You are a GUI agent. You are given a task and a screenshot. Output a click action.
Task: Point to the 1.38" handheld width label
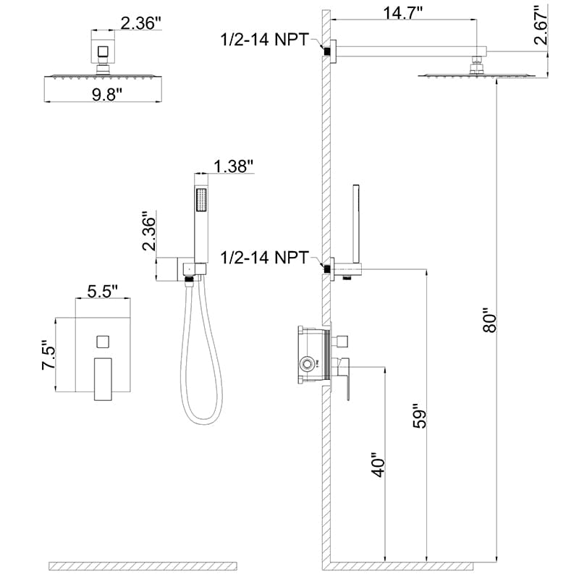(x=234, y=166)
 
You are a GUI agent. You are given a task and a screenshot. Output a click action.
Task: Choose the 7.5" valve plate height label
(x=48, y=356)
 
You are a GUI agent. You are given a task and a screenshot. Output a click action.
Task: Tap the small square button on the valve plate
(x=101, y=340)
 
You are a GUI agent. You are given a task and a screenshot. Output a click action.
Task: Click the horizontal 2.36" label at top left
(x=142, y=23)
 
